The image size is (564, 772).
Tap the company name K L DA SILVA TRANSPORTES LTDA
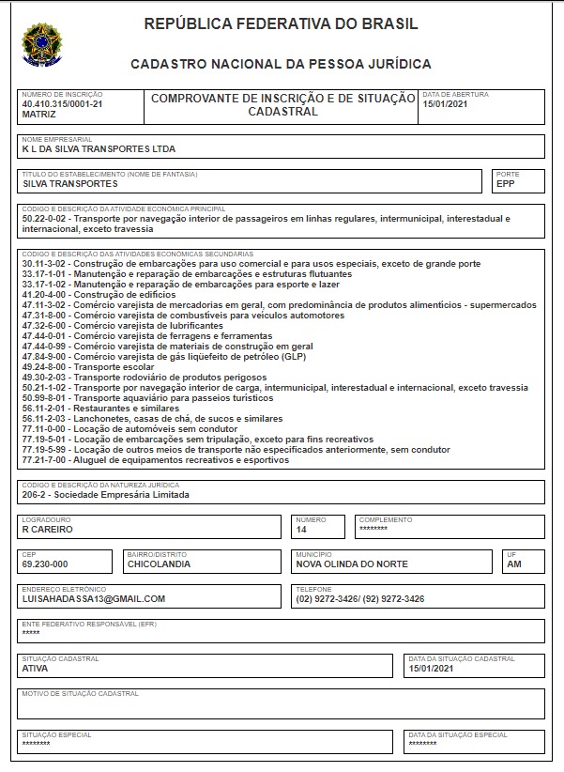tap(99, 148)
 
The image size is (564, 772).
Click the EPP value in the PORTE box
tap(506, 183)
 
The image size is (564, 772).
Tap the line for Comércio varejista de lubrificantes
tap(122, 325)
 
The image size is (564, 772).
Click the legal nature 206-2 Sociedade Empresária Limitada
tap(105, 494)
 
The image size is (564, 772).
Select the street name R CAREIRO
tap(47, 529)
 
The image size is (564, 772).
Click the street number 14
tap(301, 529)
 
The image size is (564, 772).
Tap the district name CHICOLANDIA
tap(160, 564)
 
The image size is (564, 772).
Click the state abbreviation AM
tap(513, 564)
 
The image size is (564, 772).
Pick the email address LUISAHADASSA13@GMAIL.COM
tap(94, 598)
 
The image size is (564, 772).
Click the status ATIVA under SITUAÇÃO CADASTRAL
tap(35, 669)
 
